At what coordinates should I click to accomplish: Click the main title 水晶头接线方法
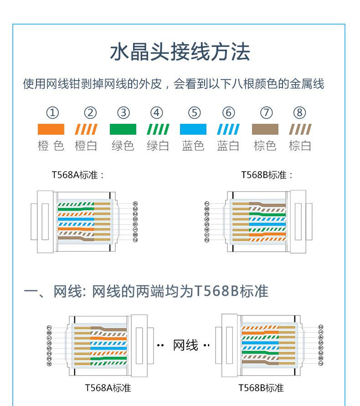click(x=180, y=52)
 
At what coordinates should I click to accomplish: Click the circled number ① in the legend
click(x=53, y=112)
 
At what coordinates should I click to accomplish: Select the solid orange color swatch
click(x=51, y=129)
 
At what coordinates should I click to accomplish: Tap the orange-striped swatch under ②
click(x=86, y=129)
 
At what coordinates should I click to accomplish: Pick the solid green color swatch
click(x=123, y=129)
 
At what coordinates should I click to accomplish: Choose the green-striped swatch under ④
click(x=158, y=129)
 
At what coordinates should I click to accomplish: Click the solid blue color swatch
click(x=193, y=129)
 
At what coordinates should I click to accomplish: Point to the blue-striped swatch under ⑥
click(x=228, y=129)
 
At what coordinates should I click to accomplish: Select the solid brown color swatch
click(x=265, y=129)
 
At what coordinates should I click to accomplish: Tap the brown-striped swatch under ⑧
click(x=300, y=129)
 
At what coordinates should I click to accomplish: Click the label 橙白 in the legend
click(x=86, y=146)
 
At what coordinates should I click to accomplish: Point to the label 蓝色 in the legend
click(x=193, y=146)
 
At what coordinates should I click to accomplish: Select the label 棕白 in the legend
click(x=300, y=146)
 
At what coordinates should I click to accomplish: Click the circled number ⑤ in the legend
click(x=194, y=112)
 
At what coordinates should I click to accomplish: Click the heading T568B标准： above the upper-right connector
click(x=267, y=175)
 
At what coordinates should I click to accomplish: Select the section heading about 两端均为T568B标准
click(x=146, y=291)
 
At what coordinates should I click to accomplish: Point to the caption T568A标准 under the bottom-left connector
click(x=108, y=388)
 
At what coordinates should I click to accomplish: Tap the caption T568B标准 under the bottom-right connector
click(x=261, y=388)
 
